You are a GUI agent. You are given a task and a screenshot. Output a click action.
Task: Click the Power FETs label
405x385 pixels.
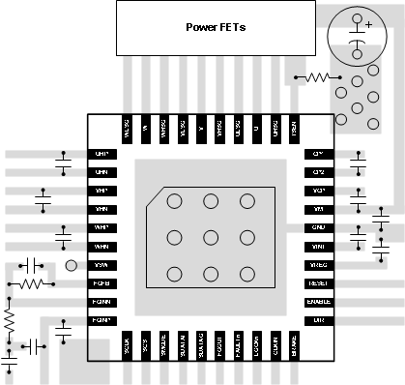pos(215,27)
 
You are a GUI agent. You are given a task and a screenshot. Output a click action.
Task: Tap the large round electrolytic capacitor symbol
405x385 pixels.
pos(355,34)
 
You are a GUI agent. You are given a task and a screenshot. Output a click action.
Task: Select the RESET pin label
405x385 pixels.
pos(318,283)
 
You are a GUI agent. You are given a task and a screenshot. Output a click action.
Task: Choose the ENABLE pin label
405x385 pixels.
pos(318,302)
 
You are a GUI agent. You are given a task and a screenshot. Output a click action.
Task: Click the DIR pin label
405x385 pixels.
pos(318,320)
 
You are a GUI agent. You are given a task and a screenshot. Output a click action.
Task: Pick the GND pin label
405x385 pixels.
pos(318,227)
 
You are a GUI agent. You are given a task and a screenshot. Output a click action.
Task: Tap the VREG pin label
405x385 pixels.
pos(318,265)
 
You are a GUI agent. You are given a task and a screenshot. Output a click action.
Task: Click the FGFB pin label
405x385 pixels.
pos(101,283)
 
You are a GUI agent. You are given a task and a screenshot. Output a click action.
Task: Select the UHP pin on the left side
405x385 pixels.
pos(101,154)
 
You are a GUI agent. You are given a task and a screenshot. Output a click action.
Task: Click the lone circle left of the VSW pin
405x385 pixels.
pos(71,265)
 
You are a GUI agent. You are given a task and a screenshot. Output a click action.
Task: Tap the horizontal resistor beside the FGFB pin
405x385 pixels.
pos(31,284)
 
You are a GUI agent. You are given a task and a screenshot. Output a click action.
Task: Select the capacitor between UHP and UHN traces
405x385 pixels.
pos(64,163)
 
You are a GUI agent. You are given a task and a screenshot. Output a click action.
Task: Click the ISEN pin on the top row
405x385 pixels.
pos(293,126)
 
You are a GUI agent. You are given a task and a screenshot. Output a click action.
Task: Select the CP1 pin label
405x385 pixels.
pos(318,154)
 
